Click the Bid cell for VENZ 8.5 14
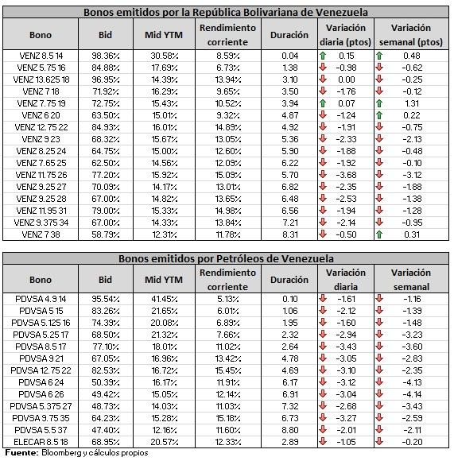coord(106,56)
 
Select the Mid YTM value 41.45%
coord(164,299)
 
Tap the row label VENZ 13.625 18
coord(41,79)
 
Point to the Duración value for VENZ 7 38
coord(290,234)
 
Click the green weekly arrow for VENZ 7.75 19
coord(379,103)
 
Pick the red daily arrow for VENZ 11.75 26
coord(323,175)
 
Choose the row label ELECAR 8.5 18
coord(41,442)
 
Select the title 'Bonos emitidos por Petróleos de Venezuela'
coord(226,259)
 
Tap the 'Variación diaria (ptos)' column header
coord(346,35)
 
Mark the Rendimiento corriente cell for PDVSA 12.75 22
coord(228,370)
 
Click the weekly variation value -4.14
coord(412,394)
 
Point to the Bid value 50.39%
coord(106,382)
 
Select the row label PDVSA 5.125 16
coord(41,323)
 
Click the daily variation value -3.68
coord(346,175)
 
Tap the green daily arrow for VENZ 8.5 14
coord(323,56)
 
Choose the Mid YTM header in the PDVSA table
coord(164,280)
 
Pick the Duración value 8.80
coord(290,430)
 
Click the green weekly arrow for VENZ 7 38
coord(379,234)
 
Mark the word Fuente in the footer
coord(21,452)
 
